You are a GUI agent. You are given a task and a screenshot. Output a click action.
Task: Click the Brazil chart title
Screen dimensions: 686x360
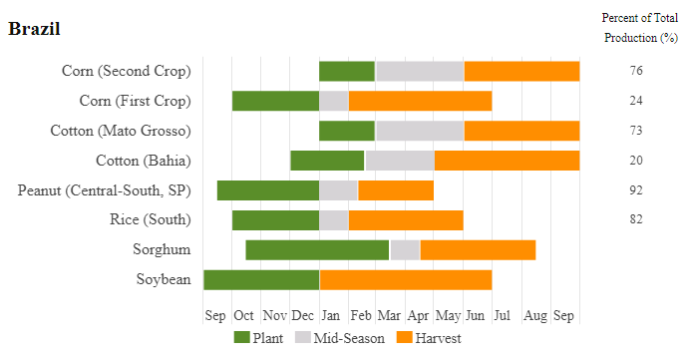pyautogui.click(x=34, y=29)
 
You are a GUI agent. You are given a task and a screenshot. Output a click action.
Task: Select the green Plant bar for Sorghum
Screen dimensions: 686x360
pyautogui.click(x=317, y=250)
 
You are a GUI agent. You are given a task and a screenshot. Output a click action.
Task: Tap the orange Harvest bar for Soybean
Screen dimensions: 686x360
pyautogui.click(x=406, y=280)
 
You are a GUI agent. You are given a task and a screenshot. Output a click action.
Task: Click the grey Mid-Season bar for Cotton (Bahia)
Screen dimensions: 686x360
pyautogui.click(x=400, y=161)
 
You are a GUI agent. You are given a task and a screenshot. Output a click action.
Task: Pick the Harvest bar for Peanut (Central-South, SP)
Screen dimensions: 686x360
pyautogui.click(x=396, y=190)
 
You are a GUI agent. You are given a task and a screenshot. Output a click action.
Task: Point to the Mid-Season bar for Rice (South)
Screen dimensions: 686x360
pyautogui.click(x=334, y=220)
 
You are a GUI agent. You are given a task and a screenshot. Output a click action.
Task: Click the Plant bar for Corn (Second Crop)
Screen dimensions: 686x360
pyautogui.click(x=347, y=71)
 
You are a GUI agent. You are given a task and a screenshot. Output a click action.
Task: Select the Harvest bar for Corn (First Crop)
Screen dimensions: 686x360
pyautogui.click(x=421, y=101)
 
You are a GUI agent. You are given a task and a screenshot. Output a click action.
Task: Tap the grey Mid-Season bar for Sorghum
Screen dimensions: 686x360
pyautogui.click(x=405, y=250)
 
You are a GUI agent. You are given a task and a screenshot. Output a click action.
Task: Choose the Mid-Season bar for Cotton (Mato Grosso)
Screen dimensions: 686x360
pyautogui.click(x=420, y=131)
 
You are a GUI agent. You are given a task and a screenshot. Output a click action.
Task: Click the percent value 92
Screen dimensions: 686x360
pyautogui.click(x=636, y=190)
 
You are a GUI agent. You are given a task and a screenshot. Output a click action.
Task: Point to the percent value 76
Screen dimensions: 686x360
pyautogui.click(x=636, y=71)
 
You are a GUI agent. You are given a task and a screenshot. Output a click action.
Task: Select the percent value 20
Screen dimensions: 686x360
pyautogui.click(x=636, y=161)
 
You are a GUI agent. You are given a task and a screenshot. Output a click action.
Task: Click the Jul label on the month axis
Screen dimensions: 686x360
pyautogui.click(x=503, y=315)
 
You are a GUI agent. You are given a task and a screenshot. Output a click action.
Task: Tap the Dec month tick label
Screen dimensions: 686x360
pyautogui.click(x=303, y=315)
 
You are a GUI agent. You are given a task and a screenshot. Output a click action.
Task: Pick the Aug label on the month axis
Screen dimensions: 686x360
pyautogui.click(x=535, y=315)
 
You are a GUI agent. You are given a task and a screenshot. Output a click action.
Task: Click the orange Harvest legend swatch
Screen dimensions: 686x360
pyautogui.click(x=404, y=337)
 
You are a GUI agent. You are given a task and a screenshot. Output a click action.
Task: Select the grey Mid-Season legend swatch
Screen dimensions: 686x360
pyautogui.click(x=303, y=337)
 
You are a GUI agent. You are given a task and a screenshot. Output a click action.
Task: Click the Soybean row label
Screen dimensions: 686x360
pyautogui.click(x=164, y=279)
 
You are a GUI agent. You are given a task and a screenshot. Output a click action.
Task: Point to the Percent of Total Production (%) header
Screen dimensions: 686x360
pyautogui.click(x=640, y=28)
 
